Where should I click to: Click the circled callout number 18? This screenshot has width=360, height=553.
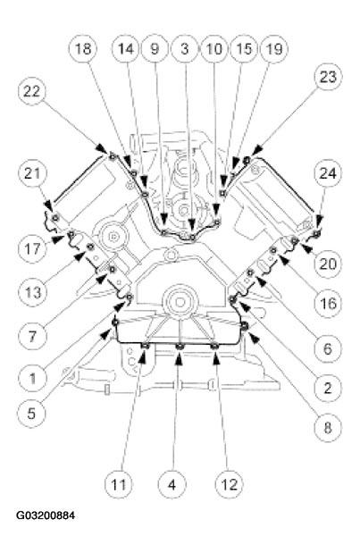(x=83, y=49)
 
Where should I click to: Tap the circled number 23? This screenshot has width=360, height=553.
(x=328, y=78)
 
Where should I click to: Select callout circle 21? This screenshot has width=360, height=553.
(x=32, y=174)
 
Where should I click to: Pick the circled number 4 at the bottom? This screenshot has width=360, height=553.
(x=172, y=484)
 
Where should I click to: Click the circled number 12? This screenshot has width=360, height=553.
(x=230, y=484)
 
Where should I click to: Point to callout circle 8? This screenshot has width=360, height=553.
(x=328, y=428)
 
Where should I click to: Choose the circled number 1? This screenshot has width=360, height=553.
(x=32, y=379)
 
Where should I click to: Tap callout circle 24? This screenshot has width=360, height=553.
(x=328, y=174)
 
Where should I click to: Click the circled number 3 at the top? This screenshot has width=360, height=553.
(x=185, y=49)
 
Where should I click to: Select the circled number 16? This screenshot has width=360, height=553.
(x=328, y=303)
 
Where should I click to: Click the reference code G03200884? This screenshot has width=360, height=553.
(x=46, y=515)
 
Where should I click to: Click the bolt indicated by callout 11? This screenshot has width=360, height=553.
(x=146, y=346)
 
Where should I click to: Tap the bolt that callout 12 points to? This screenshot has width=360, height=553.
(x=214, y=348)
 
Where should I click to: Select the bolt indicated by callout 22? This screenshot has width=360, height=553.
(x=112, y=155)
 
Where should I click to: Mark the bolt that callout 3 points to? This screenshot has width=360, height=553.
(x=191, y=237)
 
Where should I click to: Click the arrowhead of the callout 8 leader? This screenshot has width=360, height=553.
(x=254, y=339)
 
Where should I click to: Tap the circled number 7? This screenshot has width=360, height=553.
(x=32, y=336)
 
